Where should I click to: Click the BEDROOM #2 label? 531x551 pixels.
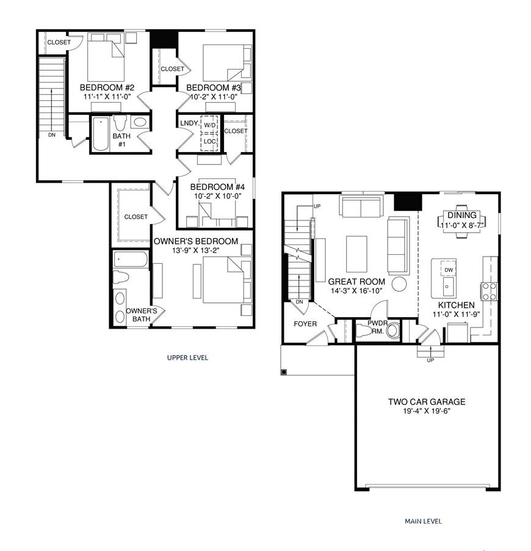(x=107, y=87)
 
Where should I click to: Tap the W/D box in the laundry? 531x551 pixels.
(x=210, y=125)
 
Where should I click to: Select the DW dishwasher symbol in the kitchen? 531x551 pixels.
(x=449, y=269)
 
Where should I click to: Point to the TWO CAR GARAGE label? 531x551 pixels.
(x=427, y=402)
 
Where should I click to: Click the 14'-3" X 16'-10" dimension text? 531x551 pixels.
(x=356, y=291)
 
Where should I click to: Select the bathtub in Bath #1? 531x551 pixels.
(x=101, y=134)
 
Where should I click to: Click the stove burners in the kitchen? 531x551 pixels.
(x=489, y=291)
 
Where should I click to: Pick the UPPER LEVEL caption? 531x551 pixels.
(x=187, y=358)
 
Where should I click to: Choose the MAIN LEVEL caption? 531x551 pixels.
(x=423, y=521)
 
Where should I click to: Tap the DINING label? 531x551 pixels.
(x=462, y=215)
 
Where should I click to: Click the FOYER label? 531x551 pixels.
(x=305, y=324)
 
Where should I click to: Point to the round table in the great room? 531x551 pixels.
(x=399, y=284)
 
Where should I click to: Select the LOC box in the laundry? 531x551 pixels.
(x=210, y=142)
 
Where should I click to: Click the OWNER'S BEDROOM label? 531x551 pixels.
(x=196, y=241)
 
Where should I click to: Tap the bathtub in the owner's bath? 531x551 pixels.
(x=130, y=260)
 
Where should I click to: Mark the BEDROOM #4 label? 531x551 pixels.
(x=217, y=187)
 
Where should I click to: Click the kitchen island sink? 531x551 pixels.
(x=448, y=287)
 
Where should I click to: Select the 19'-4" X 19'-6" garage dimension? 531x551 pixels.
(x=427, y=411)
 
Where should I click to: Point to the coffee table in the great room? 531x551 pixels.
(x=356, y=254)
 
